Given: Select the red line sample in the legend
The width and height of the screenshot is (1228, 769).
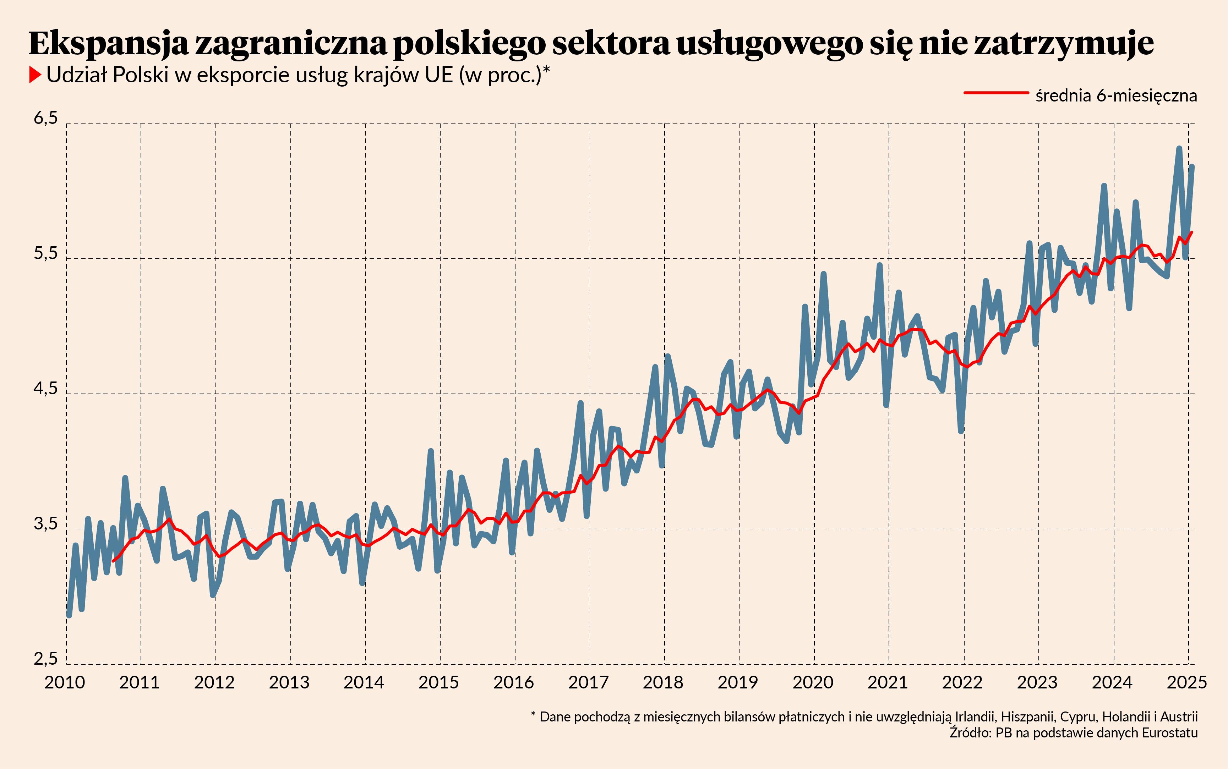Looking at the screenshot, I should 995,93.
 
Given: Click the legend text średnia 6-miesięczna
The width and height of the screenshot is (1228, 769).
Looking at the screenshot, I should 1116,95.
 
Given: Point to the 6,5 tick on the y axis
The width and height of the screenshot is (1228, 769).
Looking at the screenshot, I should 46,118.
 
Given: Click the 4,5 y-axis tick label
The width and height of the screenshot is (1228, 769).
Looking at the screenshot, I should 46,389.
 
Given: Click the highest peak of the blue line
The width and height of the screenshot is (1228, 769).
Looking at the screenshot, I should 1179,148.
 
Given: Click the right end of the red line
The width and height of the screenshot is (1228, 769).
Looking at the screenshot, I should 1192,232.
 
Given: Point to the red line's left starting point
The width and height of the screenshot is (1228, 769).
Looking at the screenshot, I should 114,560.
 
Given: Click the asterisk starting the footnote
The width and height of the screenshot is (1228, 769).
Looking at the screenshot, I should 533,715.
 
